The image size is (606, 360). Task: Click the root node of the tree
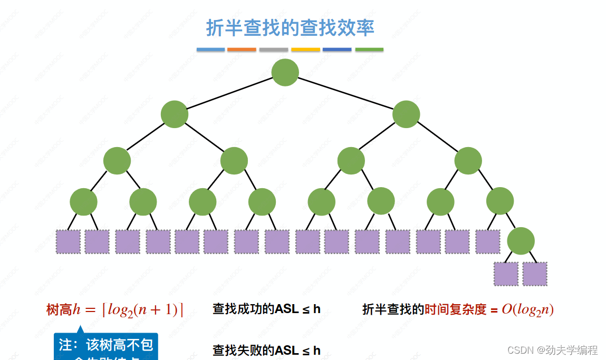click(x=285, y=72)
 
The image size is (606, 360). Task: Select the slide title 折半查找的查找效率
click(x=290, y=27)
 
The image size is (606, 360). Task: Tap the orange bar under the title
click(x=242, y=50)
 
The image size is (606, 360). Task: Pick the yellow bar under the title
click(x=305, y=50)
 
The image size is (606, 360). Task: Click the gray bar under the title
click(x=274, y=50)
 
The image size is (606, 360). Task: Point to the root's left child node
click(x=175, y=114)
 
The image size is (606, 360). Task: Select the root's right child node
click(x=406, y=114)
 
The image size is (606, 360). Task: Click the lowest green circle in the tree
click(x=521, y=241)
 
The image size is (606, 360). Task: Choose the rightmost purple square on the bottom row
click(x=535, y=274)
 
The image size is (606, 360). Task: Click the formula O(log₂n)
click(x=527, y=309)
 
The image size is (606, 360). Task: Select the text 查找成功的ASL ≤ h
click(x=266, y=309)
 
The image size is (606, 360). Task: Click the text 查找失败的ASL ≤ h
click(x=266, y=351)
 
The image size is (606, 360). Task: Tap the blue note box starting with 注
click(x=106, y=347)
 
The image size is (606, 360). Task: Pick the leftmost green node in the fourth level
click(x=83, y=201)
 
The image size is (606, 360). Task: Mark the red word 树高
click(x=59, y=310)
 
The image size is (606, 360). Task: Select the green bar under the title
click(x=369, y=50)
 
